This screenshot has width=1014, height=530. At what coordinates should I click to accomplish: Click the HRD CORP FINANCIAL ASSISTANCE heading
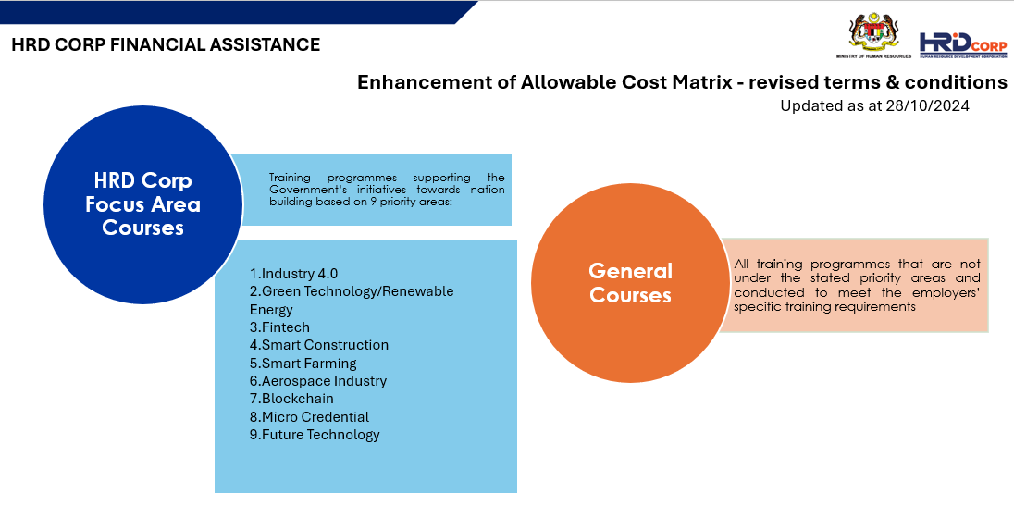click(x=166, y=44)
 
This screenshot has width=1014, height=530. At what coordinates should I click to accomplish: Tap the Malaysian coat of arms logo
click(x=873, y=33)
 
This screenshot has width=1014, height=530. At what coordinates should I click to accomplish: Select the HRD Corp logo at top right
click(x=963, y=45)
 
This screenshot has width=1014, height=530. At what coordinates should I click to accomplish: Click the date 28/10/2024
click(x=927, y=106)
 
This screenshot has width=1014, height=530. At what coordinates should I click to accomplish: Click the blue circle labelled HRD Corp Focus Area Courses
click(x=142, y=205)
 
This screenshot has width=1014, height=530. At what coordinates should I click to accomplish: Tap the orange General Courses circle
click(x=631, y=283)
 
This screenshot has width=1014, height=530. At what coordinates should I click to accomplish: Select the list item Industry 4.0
click(x=293, y=274)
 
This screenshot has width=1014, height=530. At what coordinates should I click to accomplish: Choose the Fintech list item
click(x=279, y=327)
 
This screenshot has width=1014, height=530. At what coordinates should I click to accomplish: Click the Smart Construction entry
click(x=319, y=345)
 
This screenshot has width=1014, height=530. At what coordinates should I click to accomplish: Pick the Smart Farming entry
click(x=303, y=364)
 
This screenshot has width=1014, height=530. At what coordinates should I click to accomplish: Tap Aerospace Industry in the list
click(x=318, y=381)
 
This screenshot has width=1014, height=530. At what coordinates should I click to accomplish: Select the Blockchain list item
click(x=291, y=399)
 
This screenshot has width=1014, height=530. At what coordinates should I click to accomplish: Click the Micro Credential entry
click(x=309, y=417)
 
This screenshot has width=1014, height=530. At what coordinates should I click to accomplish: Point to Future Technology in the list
click(x=315, y=435)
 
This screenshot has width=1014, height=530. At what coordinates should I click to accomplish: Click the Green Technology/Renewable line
click(x=352, y=291)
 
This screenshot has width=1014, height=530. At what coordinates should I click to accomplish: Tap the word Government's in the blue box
click(x=302, y=190)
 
